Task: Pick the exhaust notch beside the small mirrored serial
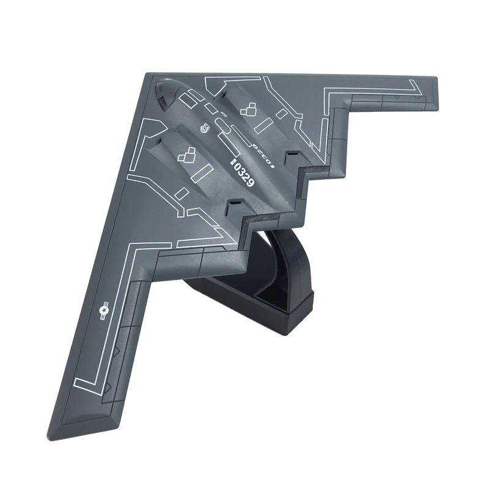tap(292, 156)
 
